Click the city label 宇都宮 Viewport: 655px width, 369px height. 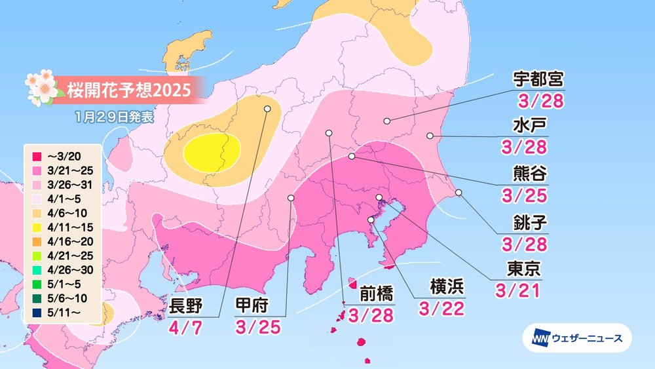[x=537, y=80]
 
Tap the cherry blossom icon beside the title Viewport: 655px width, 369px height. [x=41, y=87]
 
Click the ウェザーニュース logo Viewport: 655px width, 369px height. [x=576, y=338]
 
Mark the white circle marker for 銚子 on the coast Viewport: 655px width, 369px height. [x=458, y=193]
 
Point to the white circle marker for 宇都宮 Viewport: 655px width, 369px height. [x=387, y=121]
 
